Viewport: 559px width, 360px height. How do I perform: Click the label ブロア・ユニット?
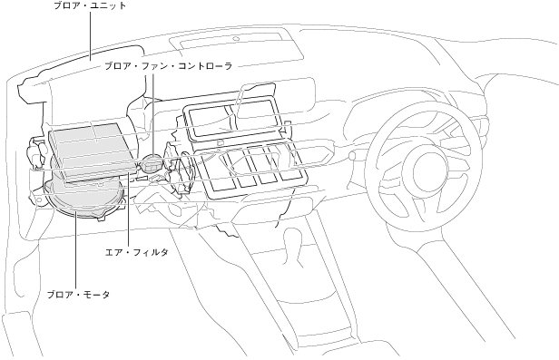tap(90, 5)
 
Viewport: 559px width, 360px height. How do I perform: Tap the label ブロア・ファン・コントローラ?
tap(168, 66)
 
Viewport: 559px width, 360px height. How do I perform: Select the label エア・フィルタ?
tap(136, 252)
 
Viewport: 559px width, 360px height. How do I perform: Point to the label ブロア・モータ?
tap(78, 295)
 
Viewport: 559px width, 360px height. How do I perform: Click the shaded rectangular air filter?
tap(93, 153)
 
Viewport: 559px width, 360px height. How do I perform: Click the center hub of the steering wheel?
tap(429, 170)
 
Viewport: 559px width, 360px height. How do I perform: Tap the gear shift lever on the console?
tap(293, 245)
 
